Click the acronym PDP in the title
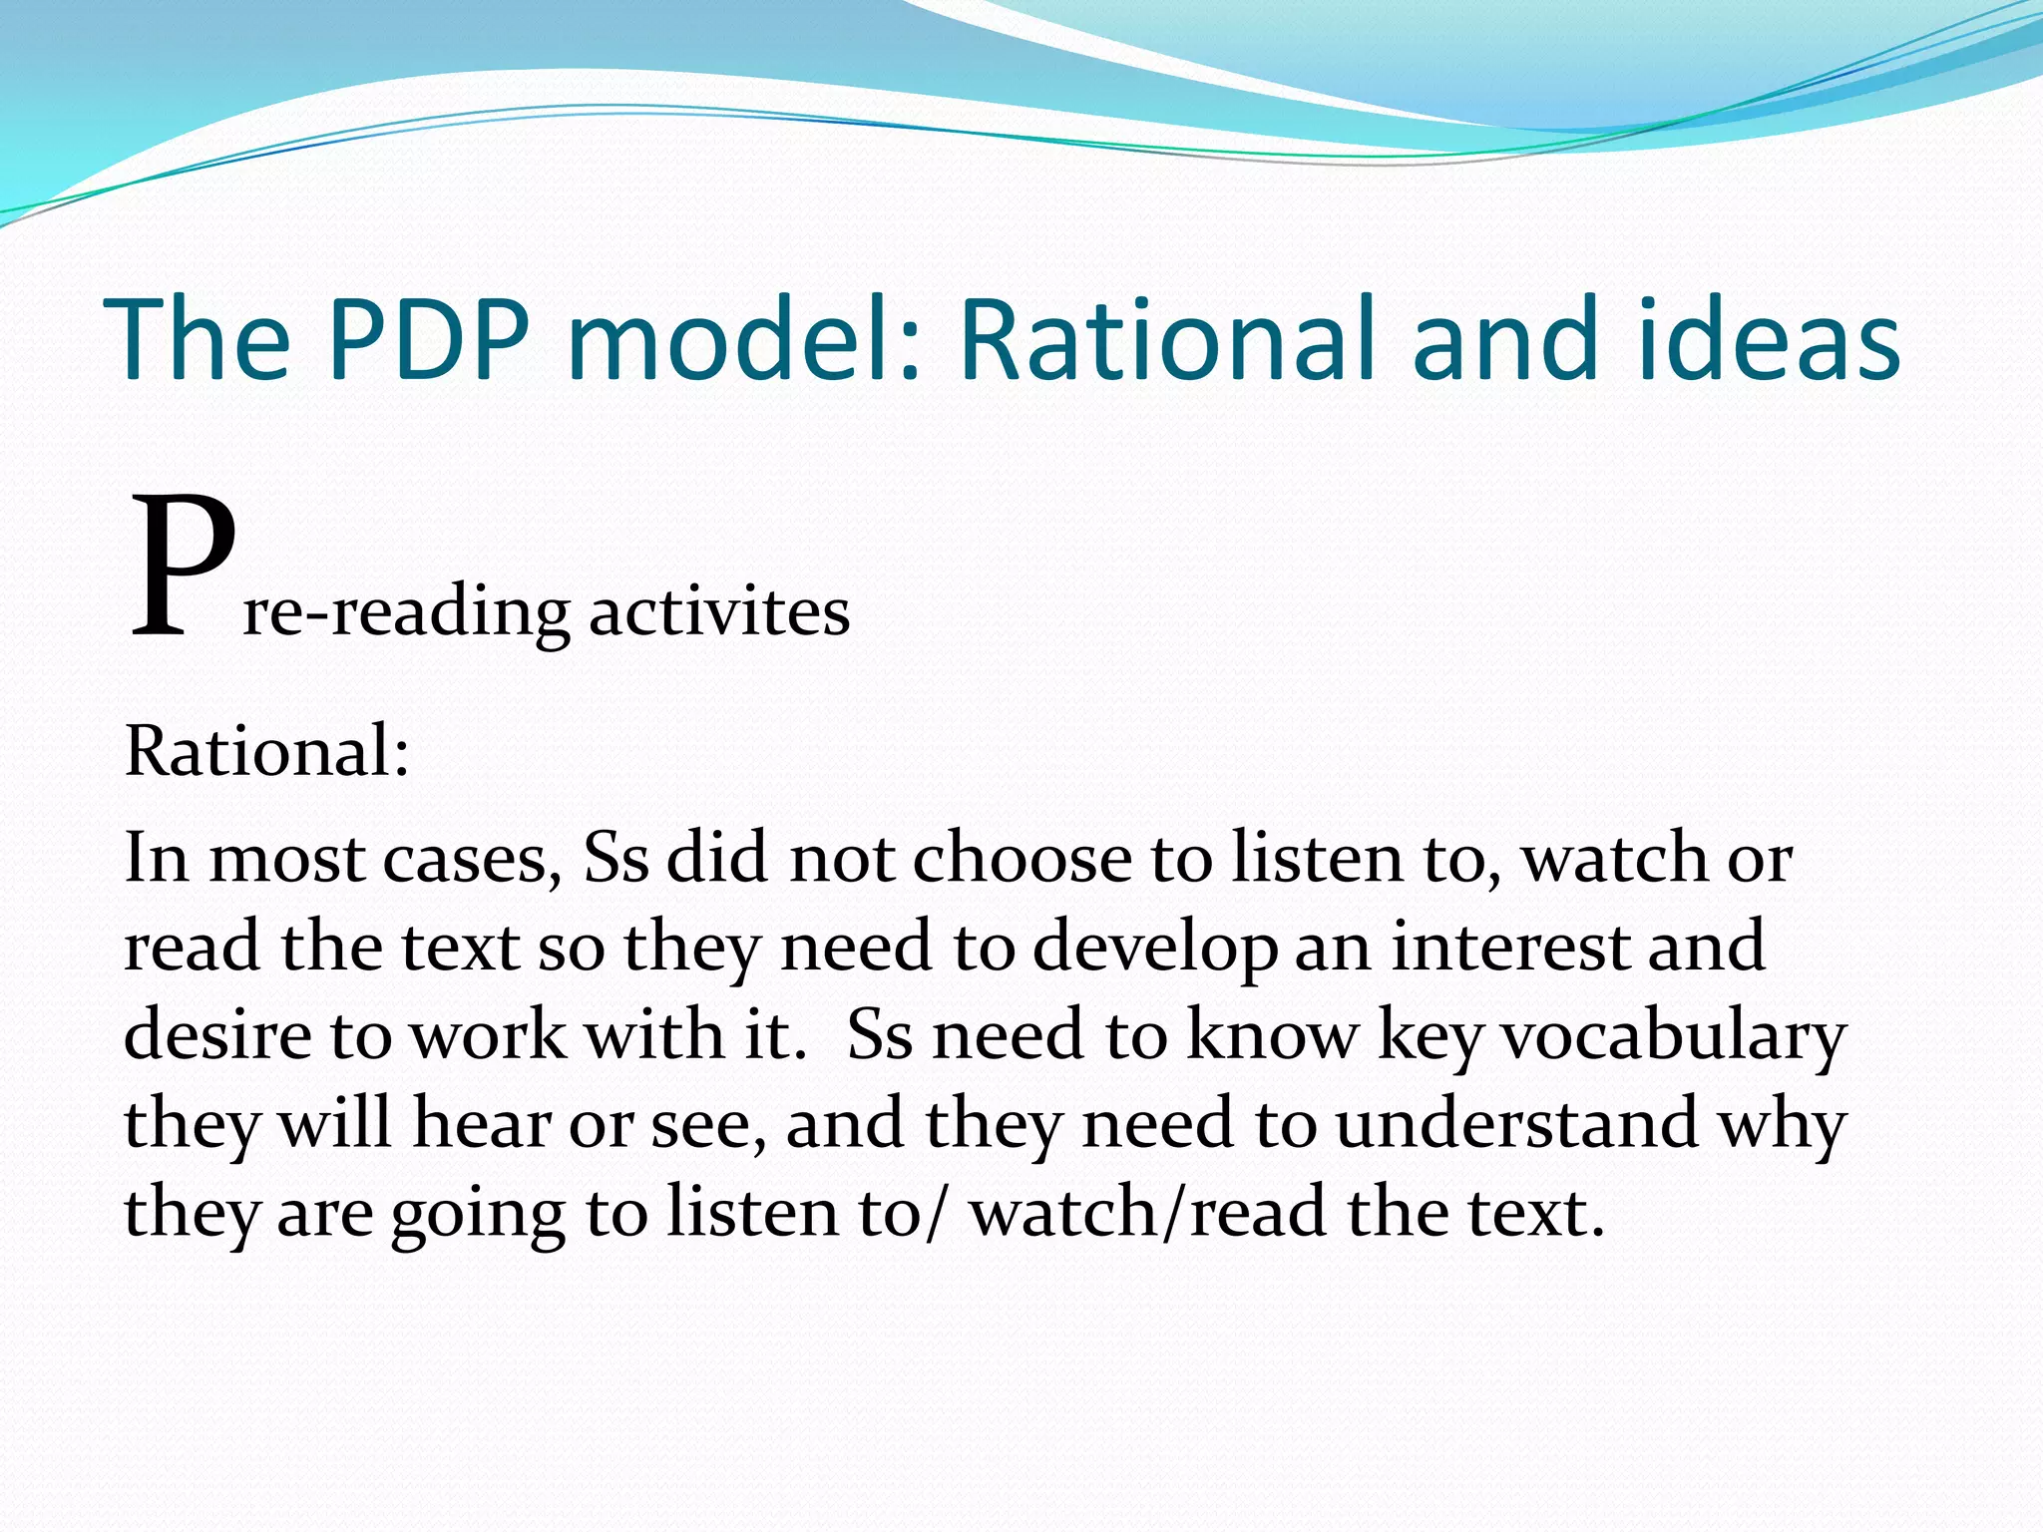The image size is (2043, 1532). pos(429,339)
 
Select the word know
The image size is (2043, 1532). pos(1273,1034)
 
